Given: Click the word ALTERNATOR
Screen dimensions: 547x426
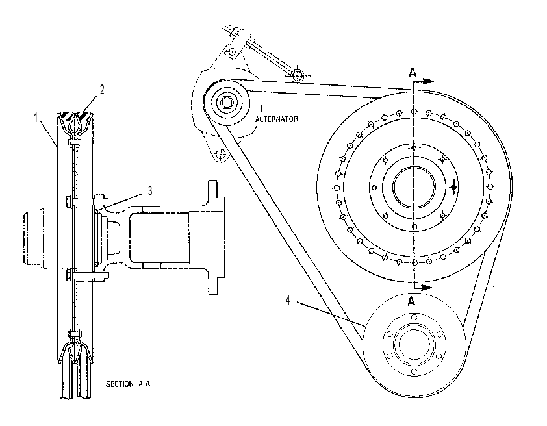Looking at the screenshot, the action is (x=277, y=119).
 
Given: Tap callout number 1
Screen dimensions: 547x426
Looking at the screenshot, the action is (x=36, y=118).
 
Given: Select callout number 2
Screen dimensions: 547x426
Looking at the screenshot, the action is (x=102, y=90).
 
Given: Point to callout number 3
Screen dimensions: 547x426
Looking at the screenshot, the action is (x=150, y=191).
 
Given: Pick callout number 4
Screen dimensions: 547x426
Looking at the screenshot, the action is (x=288, y=300).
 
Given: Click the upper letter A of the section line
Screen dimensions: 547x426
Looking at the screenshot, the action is (x=413, y=73).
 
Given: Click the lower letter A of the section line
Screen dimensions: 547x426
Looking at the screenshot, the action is (x=412, y=301).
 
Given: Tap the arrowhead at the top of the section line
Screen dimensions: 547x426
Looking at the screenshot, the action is (x=429, y=82).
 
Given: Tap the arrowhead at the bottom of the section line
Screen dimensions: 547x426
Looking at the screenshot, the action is (x=427, y=288).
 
